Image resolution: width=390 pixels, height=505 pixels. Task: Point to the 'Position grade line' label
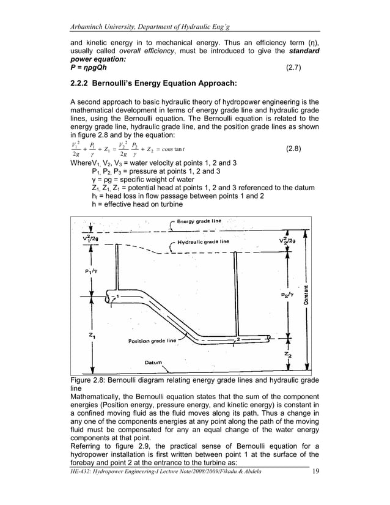pos(152,340)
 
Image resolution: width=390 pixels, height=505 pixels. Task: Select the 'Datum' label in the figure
pos(153,363)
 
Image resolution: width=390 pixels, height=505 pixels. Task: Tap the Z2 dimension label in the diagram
pos(288,353)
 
